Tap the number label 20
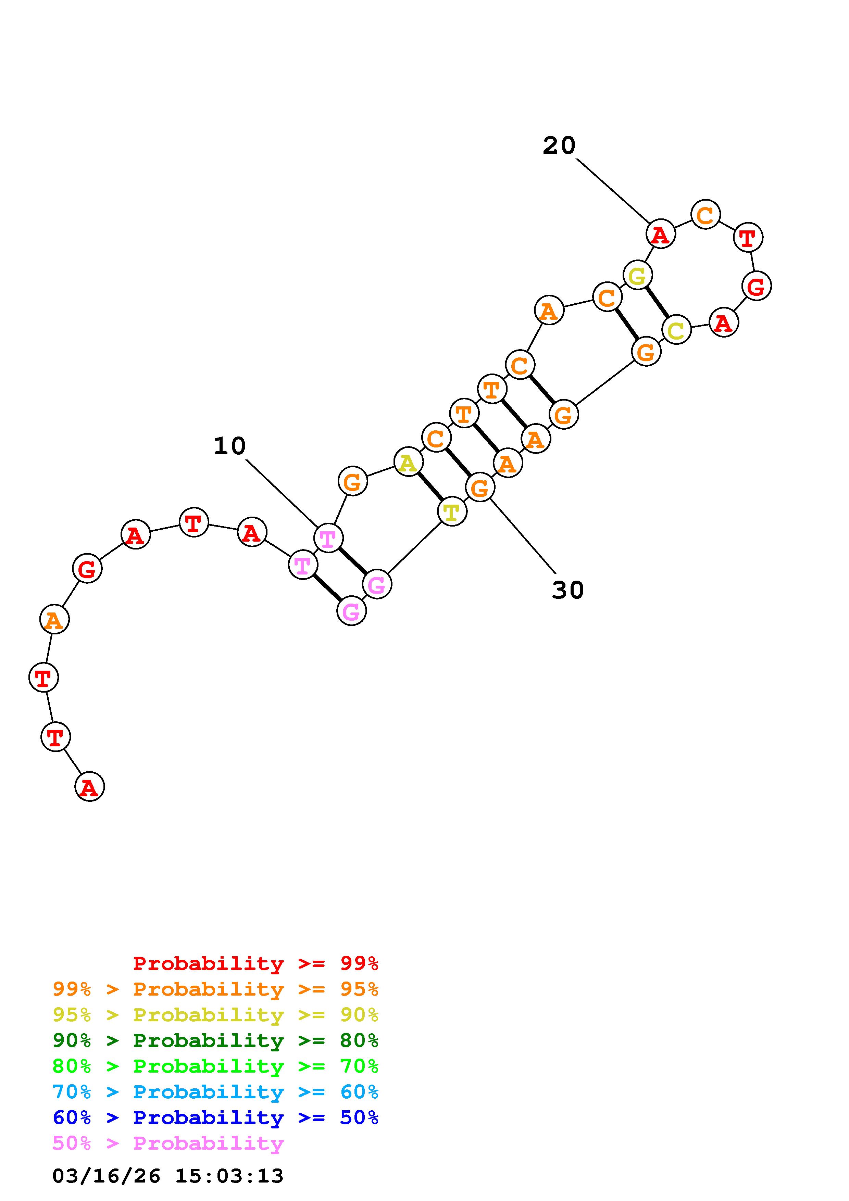coord(559,146)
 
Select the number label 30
coord(567,590)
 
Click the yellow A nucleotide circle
coord(408,462)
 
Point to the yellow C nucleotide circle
coord(676,330)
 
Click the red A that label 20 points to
coord(661,234)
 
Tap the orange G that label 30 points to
coord(480,487)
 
